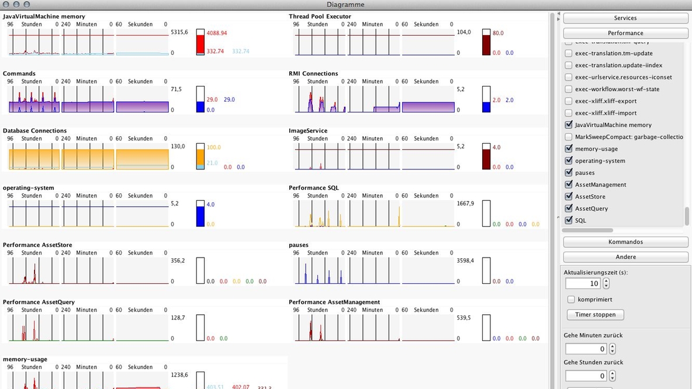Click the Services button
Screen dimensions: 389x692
(625, 18)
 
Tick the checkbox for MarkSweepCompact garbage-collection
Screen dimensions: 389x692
(569, 137)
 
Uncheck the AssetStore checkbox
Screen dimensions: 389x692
(569, 196)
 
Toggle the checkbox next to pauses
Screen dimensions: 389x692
(569, 172)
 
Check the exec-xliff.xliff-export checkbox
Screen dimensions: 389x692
(569, 101)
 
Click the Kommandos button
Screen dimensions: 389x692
(625, 242)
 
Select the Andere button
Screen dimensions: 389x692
(625, 257)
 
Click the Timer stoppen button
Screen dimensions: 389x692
(595, 314)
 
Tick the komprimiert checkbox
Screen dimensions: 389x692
(572, 299)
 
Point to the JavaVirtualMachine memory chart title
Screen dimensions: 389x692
(44, 16)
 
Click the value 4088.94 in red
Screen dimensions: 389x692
(216, 33)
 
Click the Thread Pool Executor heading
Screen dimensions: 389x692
(320, 16)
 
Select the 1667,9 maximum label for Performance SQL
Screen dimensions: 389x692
(465, 203)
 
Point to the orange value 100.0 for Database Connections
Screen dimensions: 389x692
(214, 147)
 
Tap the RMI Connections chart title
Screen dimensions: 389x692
(313, 74)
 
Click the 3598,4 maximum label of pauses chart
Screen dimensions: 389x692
(465, 261)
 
